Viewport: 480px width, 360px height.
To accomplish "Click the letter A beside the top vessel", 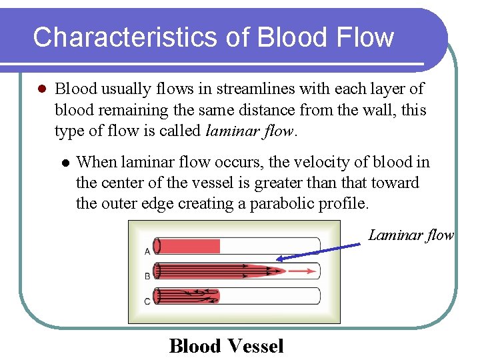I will [147, 251].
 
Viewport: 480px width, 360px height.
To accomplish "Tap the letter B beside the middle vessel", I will [147, 275].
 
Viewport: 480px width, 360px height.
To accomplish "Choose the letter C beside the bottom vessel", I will [147, 301].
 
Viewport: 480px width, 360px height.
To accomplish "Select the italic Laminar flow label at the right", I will [411, 235].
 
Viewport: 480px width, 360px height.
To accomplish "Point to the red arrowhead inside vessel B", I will [312, 271].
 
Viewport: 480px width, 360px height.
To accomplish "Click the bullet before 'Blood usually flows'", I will [40, 89].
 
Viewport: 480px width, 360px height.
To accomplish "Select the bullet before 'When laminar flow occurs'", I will [65, 163].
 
